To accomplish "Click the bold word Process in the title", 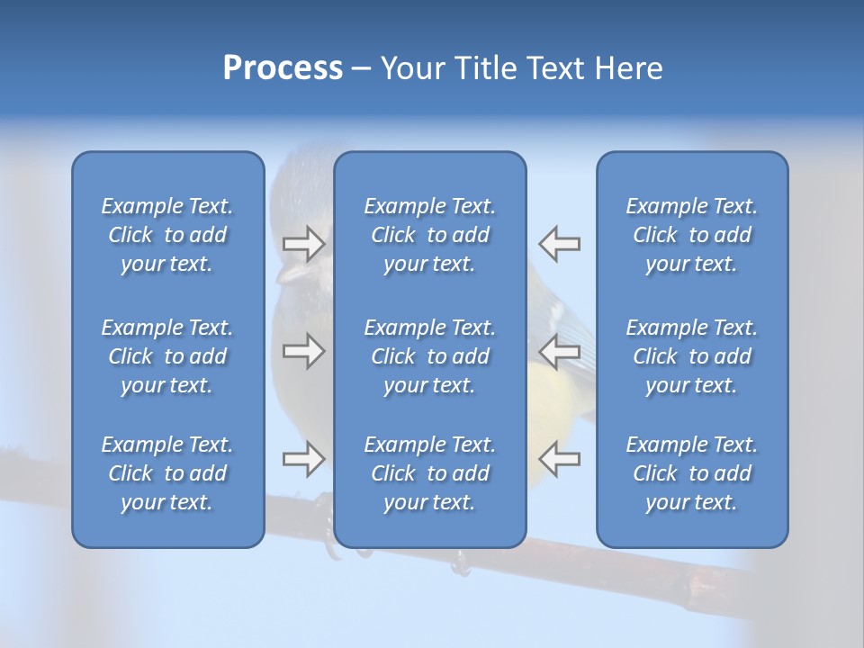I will click(283, 68).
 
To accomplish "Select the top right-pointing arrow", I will click(303, 243).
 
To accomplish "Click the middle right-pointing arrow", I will click(303, 351).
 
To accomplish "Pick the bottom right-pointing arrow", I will click(303, 459).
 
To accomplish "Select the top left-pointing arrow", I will click(559, 243).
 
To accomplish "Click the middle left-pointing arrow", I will click(559, 351).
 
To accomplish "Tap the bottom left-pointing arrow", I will click(559, 459).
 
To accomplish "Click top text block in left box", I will click(167, 235).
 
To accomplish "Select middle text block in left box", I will click(167, 356).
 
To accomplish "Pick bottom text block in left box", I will click(167, 473).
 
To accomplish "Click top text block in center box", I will click(430, 235).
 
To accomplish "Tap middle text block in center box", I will click(430, 356).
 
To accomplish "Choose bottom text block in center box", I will click(430, 473).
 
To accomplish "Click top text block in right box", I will click(692, 235).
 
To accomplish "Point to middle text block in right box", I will click(692, 356).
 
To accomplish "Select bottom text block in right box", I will click(692, 473).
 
